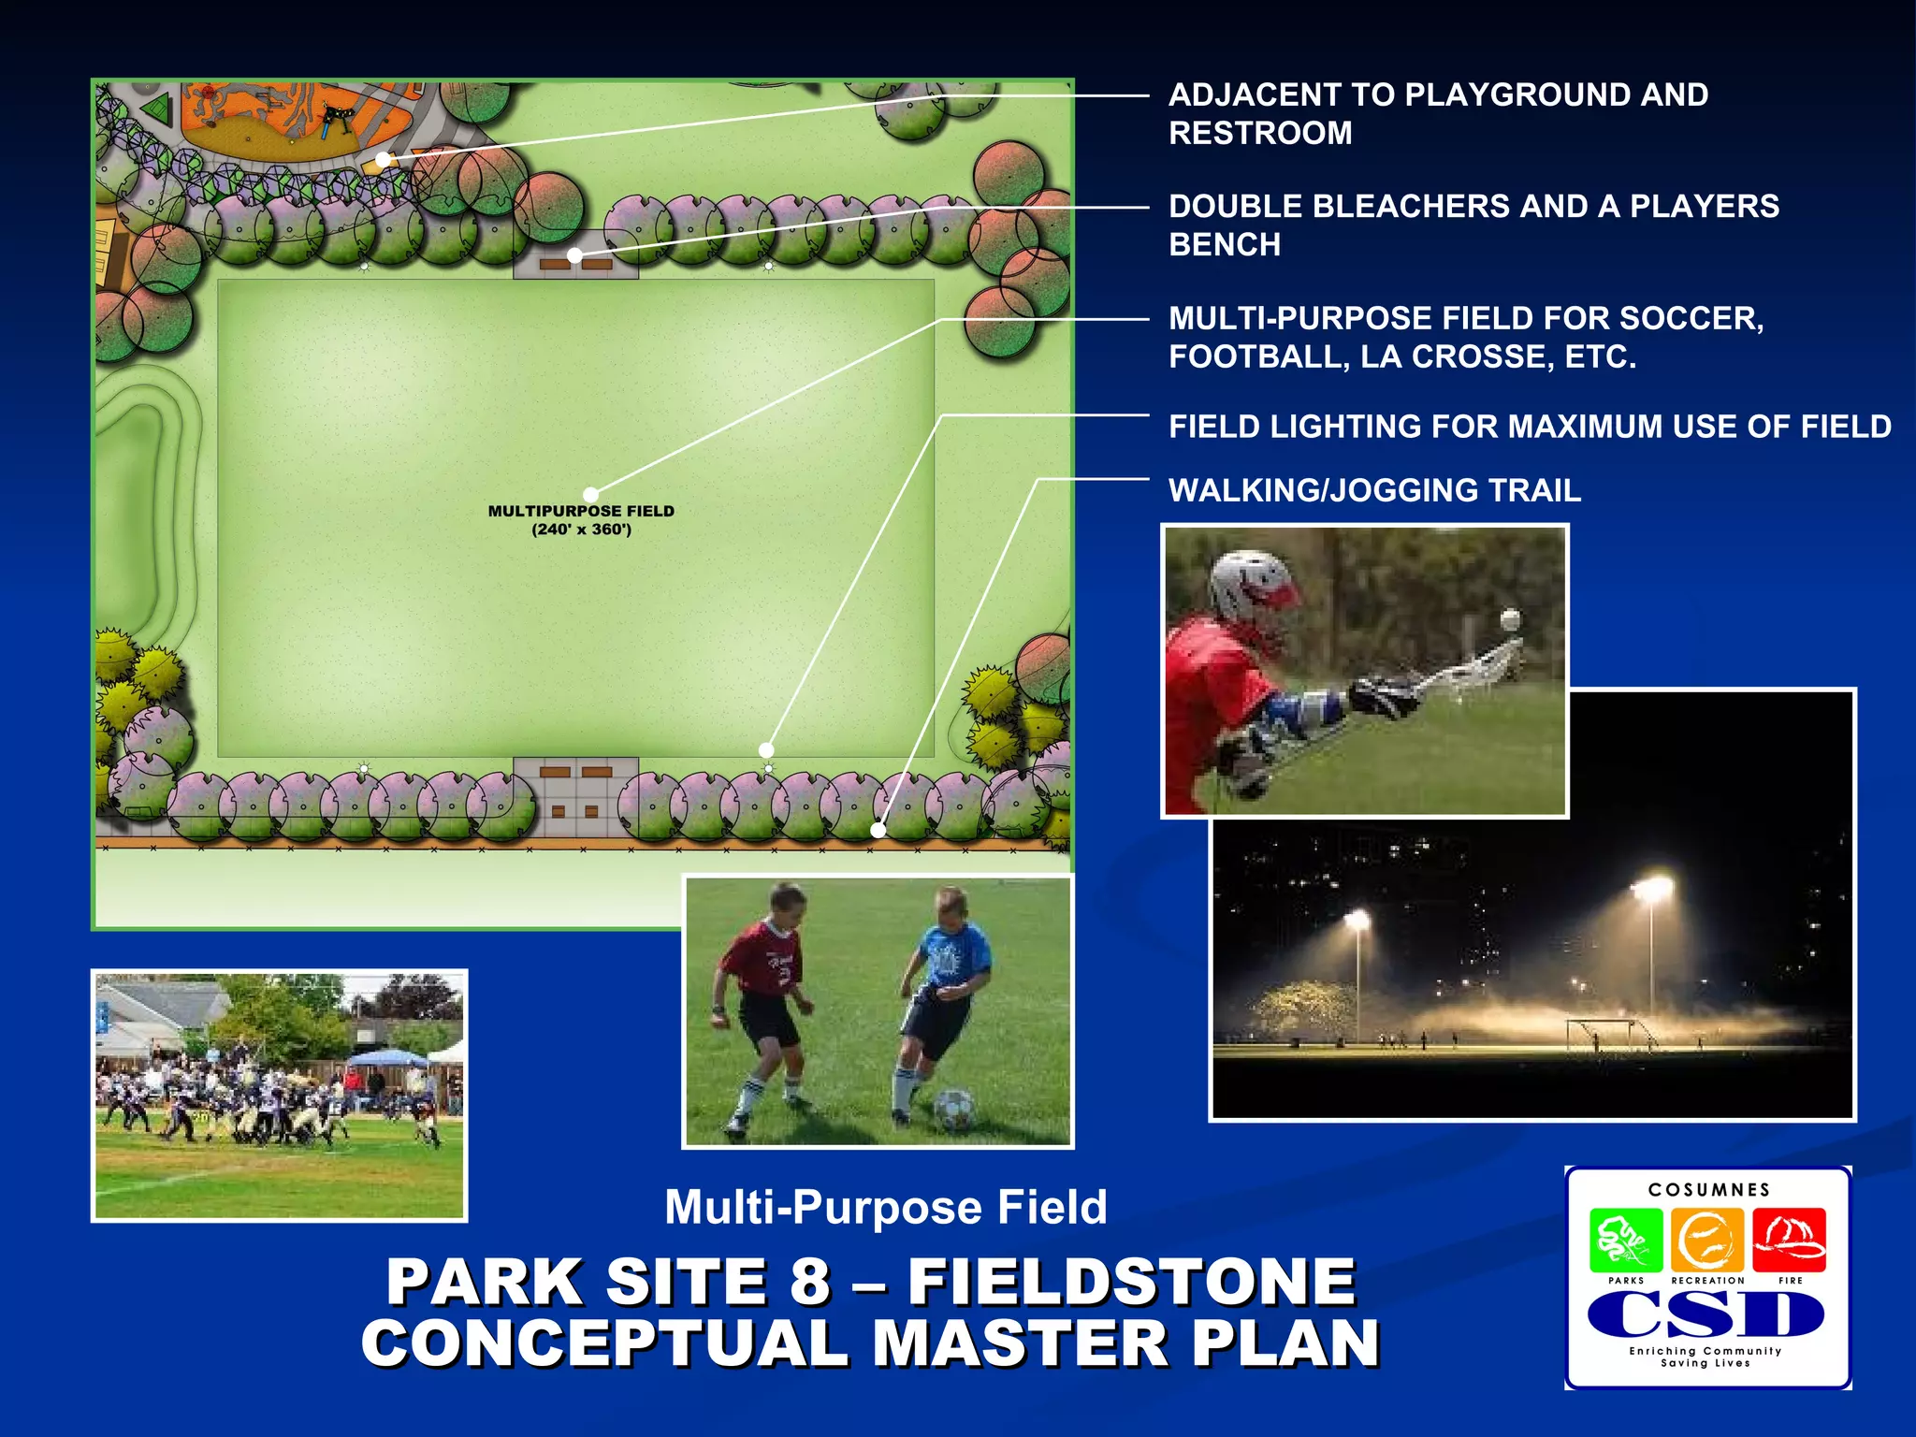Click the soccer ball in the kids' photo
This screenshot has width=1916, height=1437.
(951, 1109)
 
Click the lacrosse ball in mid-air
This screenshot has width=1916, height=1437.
(1511, 619)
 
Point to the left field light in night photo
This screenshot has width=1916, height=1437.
(1357, 921)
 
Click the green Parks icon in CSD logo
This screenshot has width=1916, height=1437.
(1626, 1241)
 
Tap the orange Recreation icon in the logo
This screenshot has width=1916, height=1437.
(1707, 1241)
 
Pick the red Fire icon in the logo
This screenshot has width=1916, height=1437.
(1789, 1241)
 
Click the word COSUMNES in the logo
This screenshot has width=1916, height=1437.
(1709, 1190)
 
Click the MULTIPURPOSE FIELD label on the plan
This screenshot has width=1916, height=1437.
(581, 511)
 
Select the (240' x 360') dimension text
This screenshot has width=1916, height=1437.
(581, 530)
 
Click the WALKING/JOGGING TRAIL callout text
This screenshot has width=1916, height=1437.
(1374, 490)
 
